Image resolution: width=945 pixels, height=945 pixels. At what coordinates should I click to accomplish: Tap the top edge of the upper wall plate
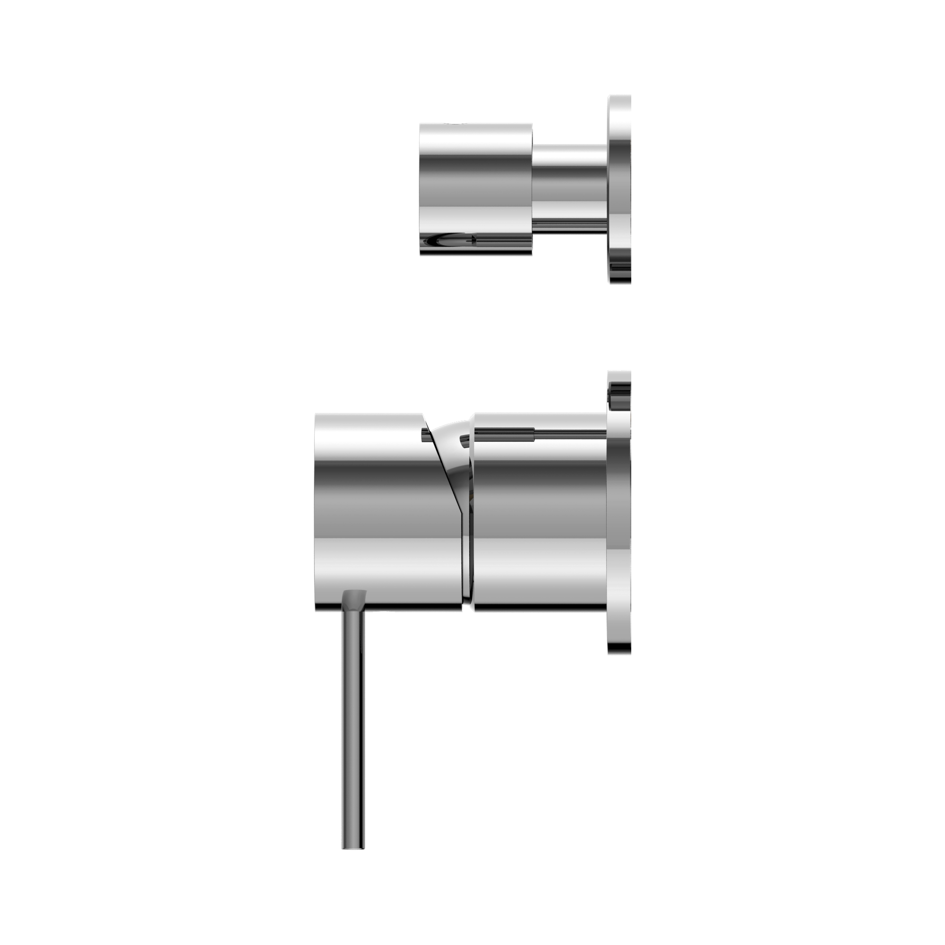[x=619, y=97]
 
